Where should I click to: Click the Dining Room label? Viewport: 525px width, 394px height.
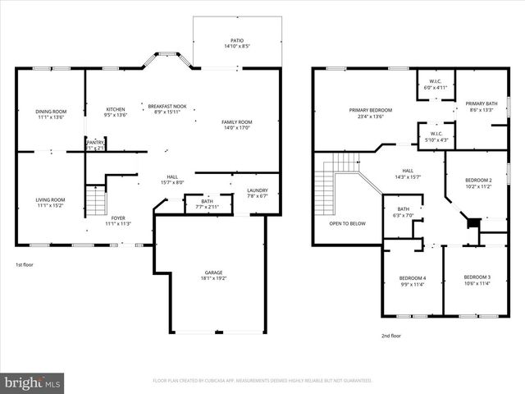click(50, 112)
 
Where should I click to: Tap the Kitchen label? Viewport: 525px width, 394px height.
click(116, 110)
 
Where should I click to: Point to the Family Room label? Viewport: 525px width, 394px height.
click(237, 122)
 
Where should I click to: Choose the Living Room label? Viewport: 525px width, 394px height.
click(50, 199)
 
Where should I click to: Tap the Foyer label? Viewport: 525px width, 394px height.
click(118, 218)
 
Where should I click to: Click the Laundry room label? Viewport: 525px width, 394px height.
click(258, 191)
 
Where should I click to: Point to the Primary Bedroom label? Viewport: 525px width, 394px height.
click(370, 110)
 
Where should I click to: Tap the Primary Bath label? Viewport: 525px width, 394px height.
click(479, 103)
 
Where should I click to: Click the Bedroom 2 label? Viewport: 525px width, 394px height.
click(478, 180)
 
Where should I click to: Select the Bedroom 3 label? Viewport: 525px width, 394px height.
click(477, 277)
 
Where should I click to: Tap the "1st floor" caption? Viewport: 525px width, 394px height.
click(25, 265)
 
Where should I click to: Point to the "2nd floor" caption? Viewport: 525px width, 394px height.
click(390, 335)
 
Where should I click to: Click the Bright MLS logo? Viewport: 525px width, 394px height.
click(33, 383)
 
